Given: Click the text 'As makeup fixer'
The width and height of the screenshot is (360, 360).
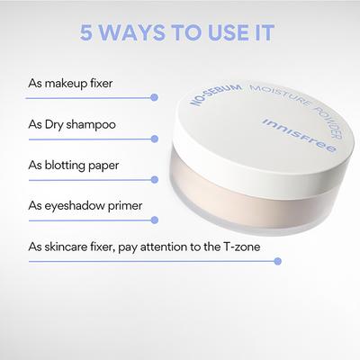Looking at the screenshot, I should click(x=69, y=84).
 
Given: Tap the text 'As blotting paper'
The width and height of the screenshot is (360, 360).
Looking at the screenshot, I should click(x=73, y=166).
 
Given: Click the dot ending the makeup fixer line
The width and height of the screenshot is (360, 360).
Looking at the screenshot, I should click(x=155, y=96).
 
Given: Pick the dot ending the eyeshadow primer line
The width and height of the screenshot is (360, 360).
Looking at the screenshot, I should click(x=155, y=220).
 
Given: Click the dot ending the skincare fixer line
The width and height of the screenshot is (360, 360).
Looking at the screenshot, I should click(x=278, y=261).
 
